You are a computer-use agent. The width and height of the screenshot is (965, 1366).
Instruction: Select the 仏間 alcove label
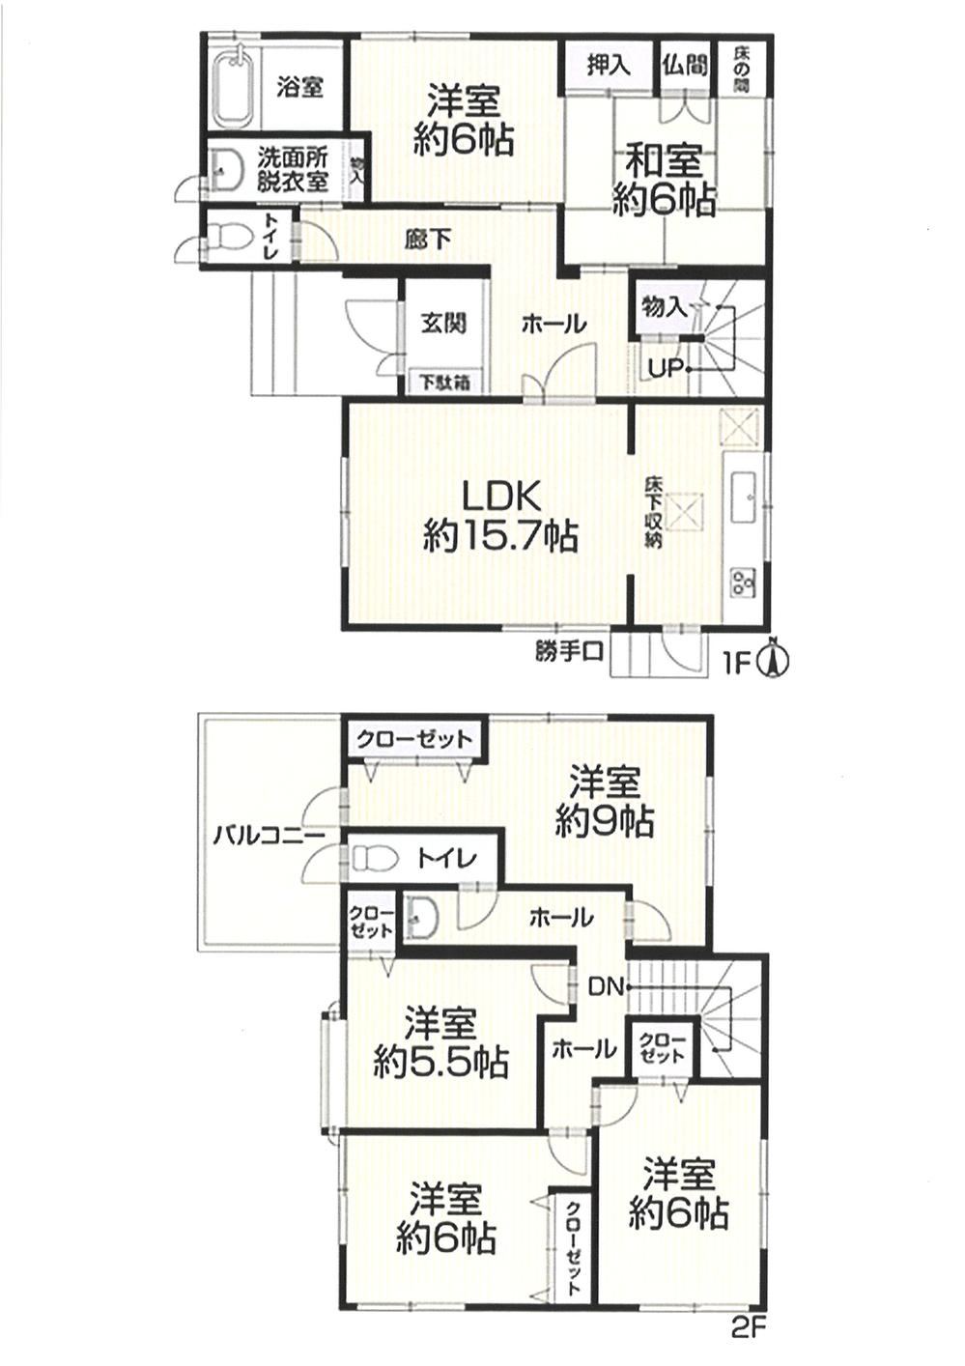pos(685,66)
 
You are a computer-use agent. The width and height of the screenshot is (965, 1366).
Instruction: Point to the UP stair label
pos(667,369)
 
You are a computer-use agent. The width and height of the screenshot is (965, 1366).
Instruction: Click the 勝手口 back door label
pos(569,652)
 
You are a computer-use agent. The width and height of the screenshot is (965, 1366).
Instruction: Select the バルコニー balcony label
pos(269,836)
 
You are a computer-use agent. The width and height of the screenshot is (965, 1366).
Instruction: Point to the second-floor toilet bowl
pos(375,858)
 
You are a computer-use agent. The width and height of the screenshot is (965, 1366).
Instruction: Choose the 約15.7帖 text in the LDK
pos(500,537)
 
